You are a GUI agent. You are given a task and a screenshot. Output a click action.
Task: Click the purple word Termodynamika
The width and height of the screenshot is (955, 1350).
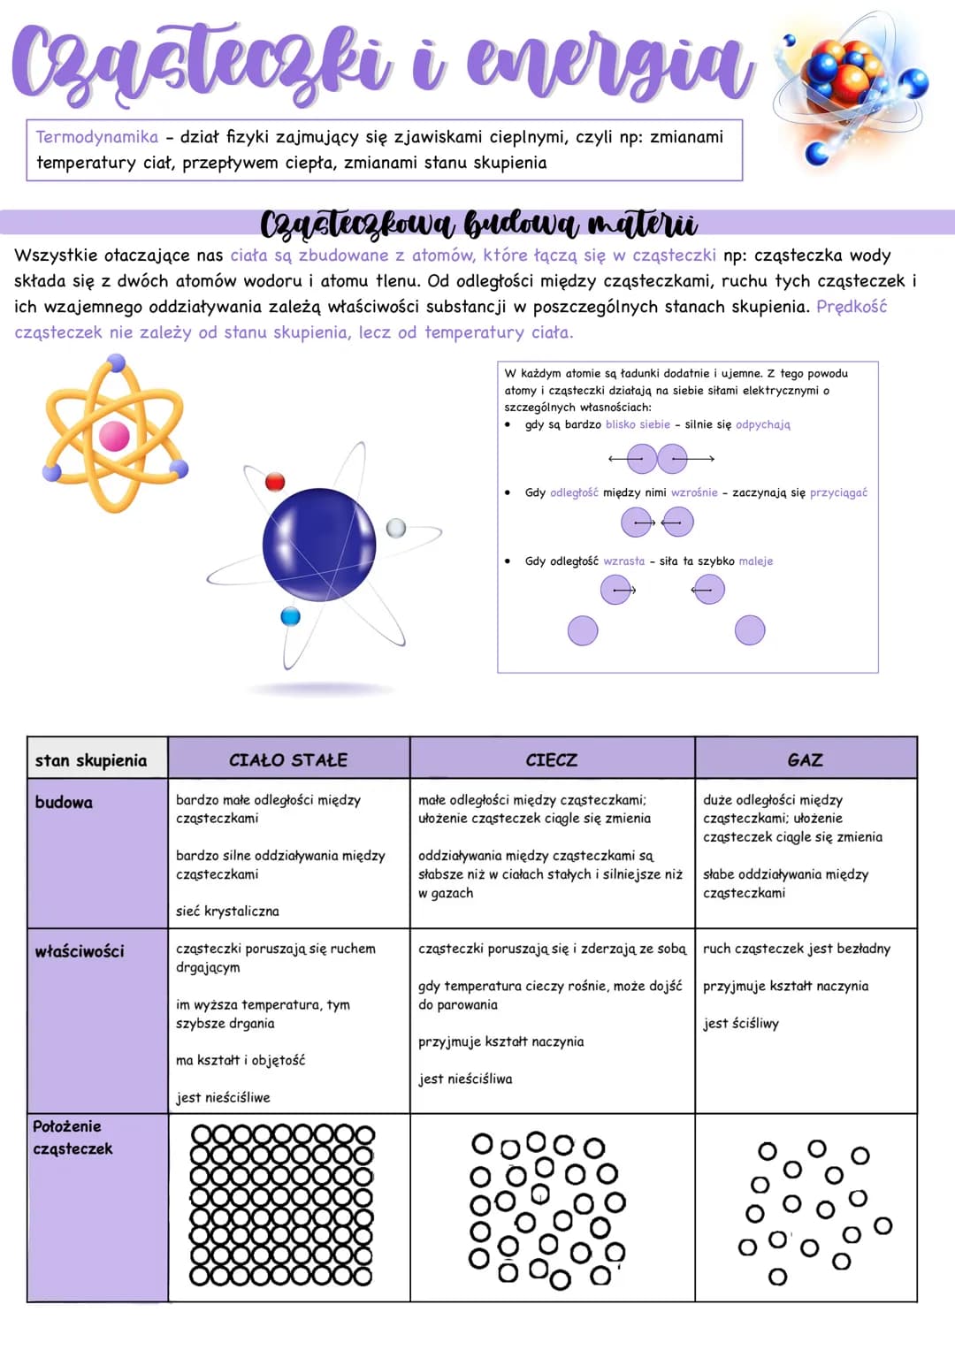97,137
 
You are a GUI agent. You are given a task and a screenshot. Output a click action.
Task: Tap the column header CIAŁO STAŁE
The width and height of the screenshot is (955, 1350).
288,759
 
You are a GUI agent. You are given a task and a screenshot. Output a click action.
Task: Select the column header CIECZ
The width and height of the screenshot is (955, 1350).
552,759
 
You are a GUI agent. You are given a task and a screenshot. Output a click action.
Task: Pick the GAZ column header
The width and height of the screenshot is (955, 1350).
806,759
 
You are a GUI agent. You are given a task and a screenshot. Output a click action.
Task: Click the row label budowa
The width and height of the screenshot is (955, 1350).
64,802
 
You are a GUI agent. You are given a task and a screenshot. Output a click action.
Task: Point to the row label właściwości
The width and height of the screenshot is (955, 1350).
80,951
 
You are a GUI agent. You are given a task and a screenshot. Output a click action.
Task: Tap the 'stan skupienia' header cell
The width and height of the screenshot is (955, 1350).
91,760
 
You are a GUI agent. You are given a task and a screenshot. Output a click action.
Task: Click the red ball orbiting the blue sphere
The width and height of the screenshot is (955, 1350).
275,482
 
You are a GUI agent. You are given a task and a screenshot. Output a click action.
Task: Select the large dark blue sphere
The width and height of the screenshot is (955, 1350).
319,545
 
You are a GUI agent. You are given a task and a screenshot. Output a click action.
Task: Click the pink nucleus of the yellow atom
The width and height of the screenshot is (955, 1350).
114,436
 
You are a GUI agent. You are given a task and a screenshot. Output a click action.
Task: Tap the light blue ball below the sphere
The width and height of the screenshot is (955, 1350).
291,616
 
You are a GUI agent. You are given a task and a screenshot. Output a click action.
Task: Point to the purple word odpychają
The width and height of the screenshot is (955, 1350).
762,425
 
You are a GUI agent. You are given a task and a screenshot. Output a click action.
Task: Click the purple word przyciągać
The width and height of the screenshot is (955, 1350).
838,493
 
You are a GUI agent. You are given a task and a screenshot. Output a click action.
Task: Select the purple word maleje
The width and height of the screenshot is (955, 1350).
756,561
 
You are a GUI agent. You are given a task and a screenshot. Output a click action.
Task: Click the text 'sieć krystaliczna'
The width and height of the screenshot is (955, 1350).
227,911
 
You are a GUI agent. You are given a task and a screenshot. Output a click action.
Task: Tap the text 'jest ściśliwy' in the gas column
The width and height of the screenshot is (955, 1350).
741,1024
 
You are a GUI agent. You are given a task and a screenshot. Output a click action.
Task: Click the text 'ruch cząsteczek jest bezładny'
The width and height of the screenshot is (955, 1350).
797,949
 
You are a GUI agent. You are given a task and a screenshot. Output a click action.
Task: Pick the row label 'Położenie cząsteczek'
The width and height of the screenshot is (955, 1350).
73,1137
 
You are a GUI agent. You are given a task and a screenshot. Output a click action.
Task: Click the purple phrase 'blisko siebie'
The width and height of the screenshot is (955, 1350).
638,424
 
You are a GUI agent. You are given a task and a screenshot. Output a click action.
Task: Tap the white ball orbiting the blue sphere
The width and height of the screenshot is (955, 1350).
395,528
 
